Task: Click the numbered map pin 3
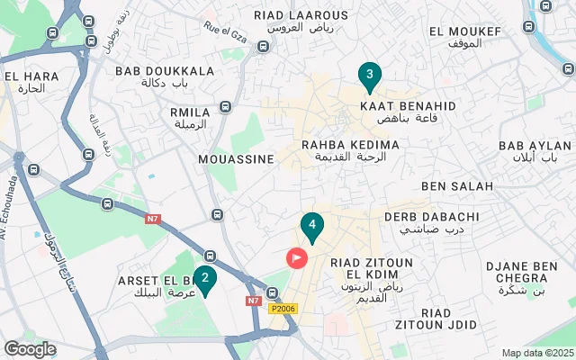tap(368, 76)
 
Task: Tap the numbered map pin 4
tap(311, 226)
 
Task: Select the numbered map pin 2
tap(205, 279)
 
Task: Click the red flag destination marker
tap(297, 257)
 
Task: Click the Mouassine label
tap(236, 158)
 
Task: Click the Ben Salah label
tap(457, 186)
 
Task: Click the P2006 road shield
tap(282, 308)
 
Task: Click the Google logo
tap(30, 348)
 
